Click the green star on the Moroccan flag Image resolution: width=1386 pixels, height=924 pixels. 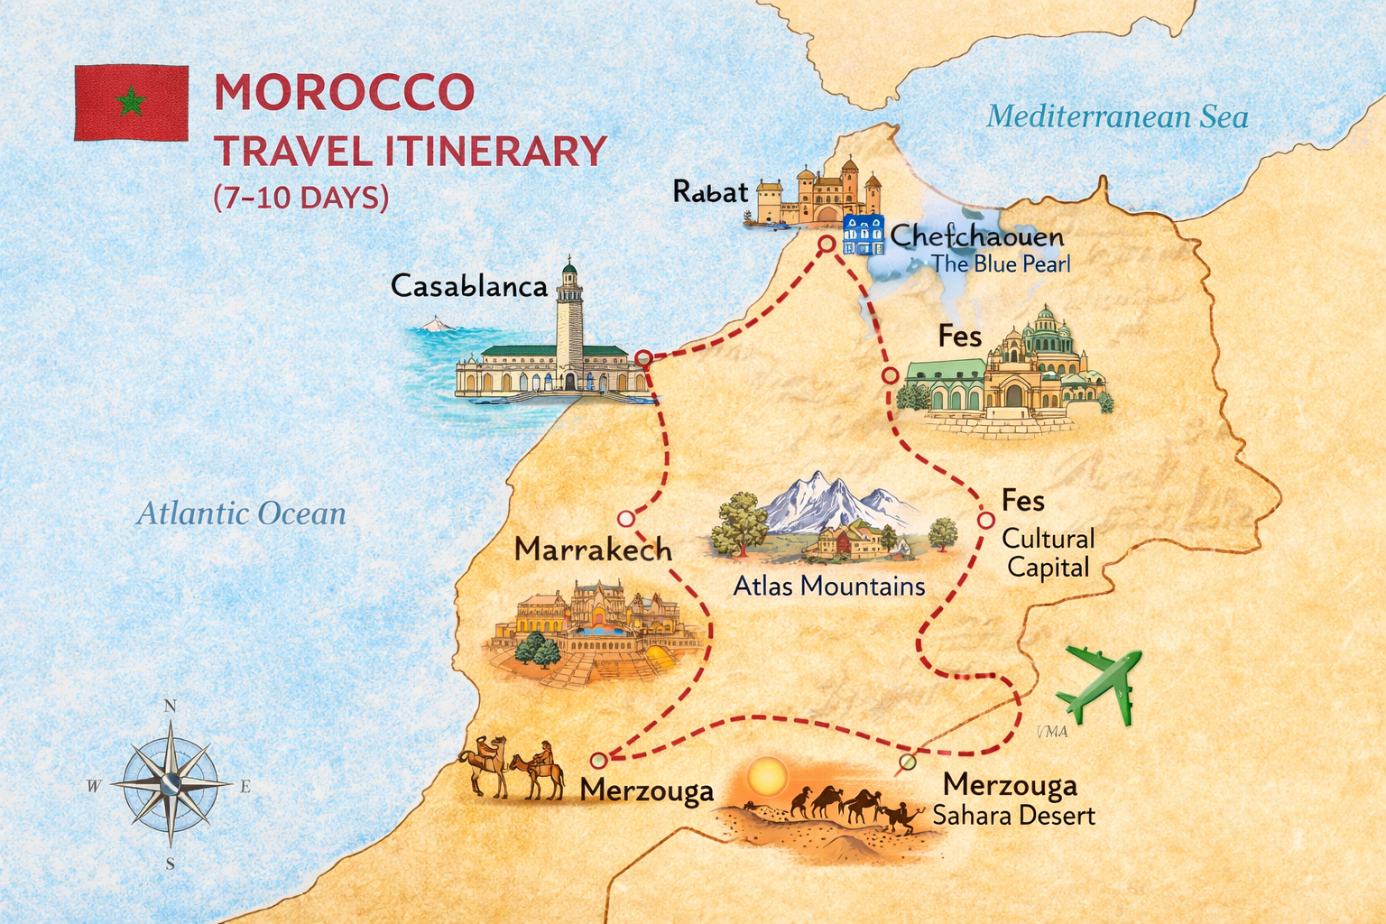coord(132,103)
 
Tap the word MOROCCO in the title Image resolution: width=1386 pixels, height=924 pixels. coord(344,92)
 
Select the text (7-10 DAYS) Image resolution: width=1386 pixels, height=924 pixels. coord(301,197)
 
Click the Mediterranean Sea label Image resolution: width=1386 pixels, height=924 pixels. coord(1117,116)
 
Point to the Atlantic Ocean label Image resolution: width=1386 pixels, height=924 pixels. coord(241,513)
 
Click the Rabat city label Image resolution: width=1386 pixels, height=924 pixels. coord(710,191)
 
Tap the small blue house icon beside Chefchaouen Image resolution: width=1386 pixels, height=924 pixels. coord(863,235)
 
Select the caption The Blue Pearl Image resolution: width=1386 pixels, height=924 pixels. coord(1000,264)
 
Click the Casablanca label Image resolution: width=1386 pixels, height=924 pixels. coord(468,286)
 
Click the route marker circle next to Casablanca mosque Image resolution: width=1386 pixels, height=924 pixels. coord(643,358)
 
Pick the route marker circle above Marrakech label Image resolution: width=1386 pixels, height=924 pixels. coord(626,519)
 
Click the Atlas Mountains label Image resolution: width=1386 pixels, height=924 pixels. coord(828,587)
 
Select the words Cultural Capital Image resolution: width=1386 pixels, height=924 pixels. coord(1048,553)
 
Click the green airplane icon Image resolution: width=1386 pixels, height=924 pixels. coord(1100,683)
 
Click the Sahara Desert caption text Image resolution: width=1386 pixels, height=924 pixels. coord(1013,816)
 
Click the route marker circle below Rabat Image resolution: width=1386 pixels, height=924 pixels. coord(826,244)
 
